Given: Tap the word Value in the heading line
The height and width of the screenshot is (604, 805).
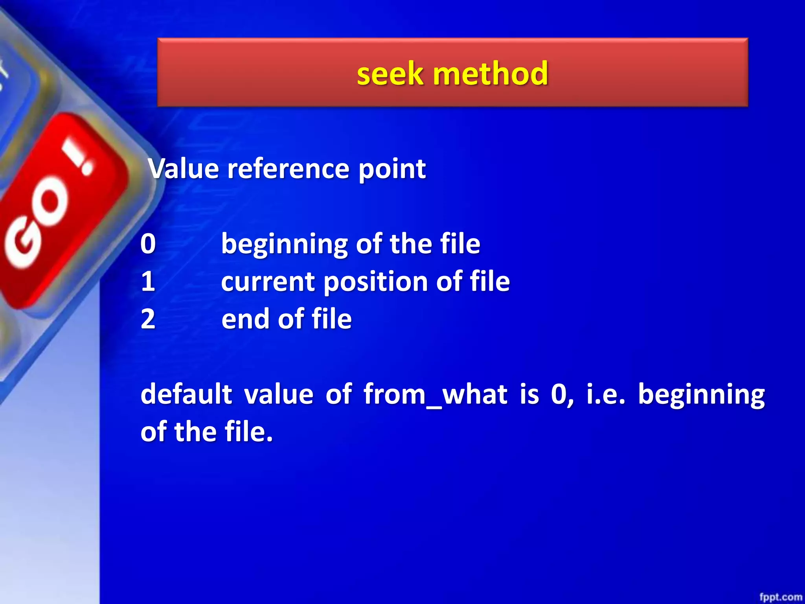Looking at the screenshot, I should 183,169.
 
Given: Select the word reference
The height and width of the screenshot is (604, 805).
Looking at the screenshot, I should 288,169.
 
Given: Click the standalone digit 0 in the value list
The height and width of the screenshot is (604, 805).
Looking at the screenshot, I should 148,244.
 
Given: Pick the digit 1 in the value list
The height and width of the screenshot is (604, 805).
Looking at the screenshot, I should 148,282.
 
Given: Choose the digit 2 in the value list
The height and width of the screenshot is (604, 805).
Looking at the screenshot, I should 148,319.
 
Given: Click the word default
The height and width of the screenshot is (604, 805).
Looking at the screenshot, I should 186,394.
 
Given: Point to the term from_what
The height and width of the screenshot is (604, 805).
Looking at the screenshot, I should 435,394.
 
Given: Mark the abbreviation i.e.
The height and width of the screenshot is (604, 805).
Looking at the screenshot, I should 606,394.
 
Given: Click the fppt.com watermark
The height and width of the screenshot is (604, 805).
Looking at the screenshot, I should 780,597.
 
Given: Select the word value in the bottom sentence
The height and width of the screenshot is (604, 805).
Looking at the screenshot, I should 279,394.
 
